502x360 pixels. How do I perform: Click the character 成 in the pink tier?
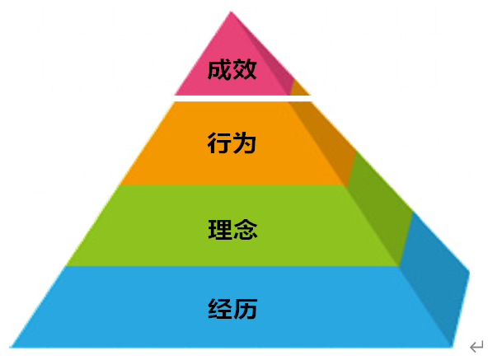click(219, 69)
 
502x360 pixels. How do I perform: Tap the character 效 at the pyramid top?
click(245, 69)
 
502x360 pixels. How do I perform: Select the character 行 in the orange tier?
click(219, 143)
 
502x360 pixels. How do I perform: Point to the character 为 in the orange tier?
click(244, 143)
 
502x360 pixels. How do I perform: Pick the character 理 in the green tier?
click(220, 230)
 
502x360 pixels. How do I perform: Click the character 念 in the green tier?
click(246, 230)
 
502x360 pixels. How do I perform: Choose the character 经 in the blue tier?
click(220, 308)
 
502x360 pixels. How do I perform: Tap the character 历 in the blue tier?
click(246, 308)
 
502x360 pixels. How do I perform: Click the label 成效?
click(232, 69)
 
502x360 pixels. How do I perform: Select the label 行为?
click(232, 143)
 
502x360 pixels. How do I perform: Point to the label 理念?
click(232, 230)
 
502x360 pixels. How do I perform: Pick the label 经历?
click(232, 308)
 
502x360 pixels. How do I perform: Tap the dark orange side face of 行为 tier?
click(323, 141)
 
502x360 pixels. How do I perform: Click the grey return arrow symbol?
click(476, 347)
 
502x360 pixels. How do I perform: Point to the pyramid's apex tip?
click(231, 12)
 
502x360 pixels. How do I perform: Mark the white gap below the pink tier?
click(242, 98)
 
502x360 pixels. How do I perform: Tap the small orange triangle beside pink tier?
click(299, 89)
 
